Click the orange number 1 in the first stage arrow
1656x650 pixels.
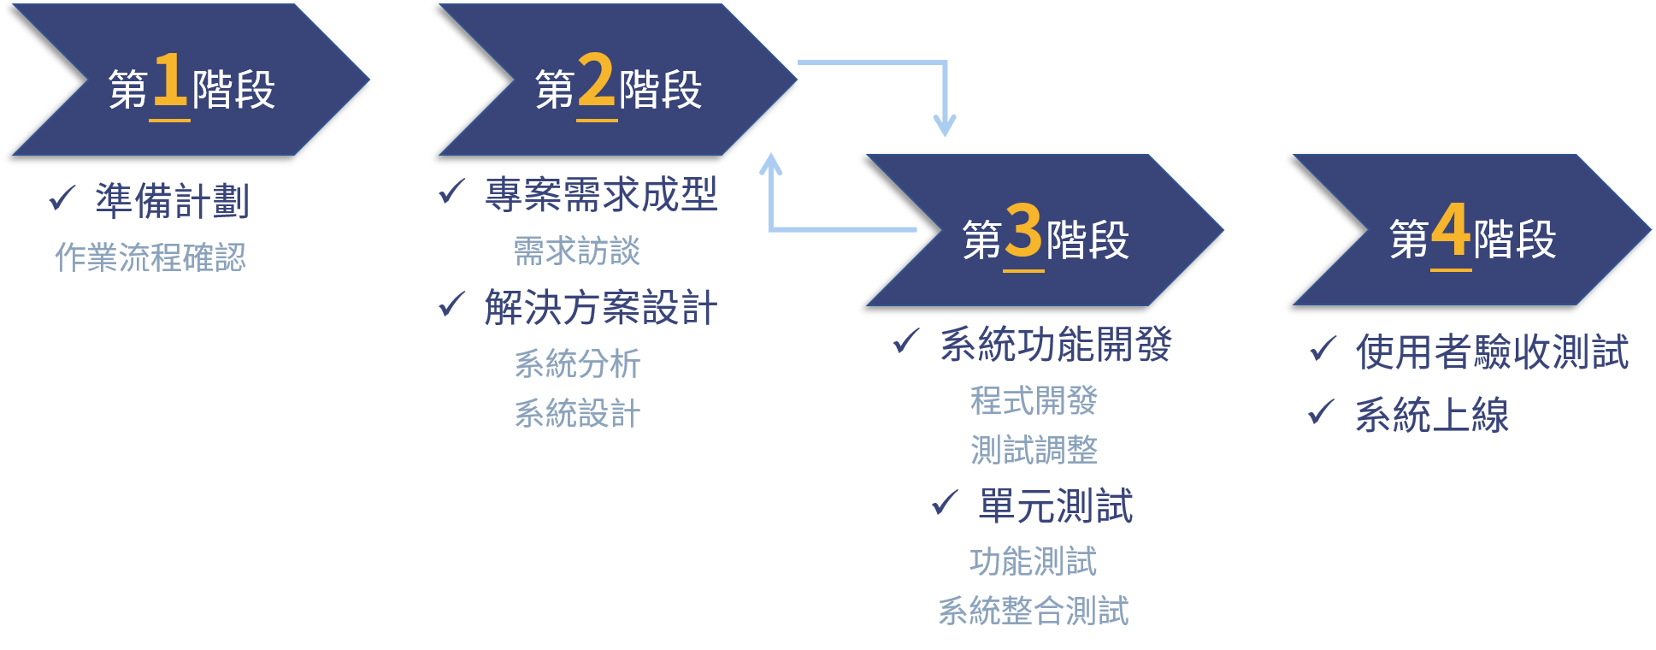pos(170,80)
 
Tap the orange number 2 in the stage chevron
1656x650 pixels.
pos(596,80)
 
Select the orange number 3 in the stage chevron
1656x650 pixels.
pos(1023,230)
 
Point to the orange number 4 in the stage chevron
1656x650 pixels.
pos(1451,230)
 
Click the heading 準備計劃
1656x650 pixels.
pos(172,201)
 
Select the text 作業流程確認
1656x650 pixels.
pos(150,257)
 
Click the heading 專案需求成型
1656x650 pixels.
pos(600,194)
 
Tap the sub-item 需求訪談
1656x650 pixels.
pos(577,251)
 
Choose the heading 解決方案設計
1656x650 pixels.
pos(600,307)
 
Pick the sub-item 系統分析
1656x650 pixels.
pos(577,363)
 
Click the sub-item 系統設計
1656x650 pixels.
pos(577,413)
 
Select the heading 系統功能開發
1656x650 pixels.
pos(1056,344)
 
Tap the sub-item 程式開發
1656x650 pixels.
pos(1034,400)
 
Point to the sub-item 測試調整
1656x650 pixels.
pos(1034,450)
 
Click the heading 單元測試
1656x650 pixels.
pos(1056,506)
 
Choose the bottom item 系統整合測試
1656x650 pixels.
pos(1034,611)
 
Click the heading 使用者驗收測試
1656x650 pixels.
pos(1492,352)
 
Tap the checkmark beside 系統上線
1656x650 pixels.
pos(1321,412)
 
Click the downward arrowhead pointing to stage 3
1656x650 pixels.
pos(945,127)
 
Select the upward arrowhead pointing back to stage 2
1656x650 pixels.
pos(771,163)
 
